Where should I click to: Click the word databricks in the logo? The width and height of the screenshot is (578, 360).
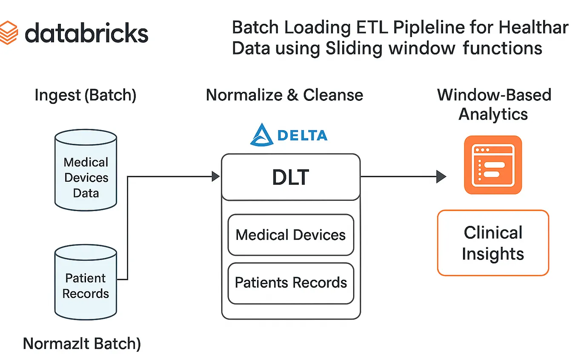pos(86,33)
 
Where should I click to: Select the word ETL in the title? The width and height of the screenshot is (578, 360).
pos(372,28)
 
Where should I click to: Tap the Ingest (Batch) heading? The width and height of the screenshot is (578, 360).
pos(85,95)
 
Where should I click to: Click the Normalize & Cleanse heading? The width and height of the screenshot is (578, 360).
pos(284,95)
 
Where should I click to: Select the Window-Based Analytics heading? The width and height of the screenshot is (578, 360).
pos(494,104)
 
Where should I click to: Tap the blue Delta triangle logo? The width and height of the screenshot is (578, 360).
pos(261,135)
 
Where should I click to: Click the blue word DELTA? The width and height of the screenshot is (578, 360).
pos(302,136)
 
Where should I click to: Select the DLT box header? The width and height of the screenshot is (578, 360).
pos(290,177)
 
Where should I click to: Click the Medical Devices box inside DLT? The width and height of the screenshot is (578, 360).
pos(291,235)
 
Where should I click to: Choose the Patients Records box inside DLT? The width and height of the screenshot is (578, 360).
pos(291,283)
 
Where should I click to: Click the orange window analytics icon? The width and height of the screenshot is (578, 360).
pos(493,165)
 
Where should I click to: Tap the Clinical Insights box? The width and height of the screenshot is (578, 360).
pos(493,243)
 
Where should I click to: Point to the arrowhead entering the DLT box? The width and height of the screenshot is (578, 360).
pos(216,176)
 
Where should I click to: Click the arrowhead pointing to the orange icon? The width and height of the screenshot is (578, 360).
pos(441,176)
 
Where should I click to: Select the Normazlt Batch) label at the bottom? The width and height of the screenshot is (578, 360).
pos(82,344)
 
